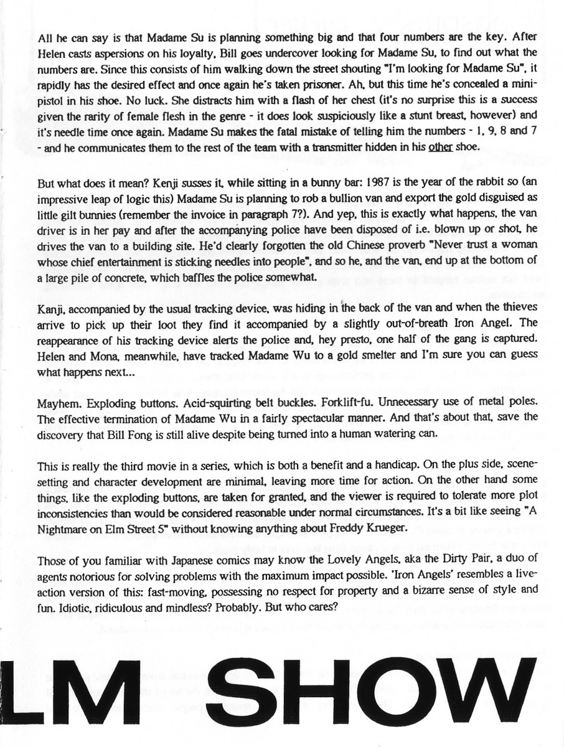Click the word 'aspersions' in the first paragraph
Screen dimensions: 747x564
[x=111, y=52]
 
